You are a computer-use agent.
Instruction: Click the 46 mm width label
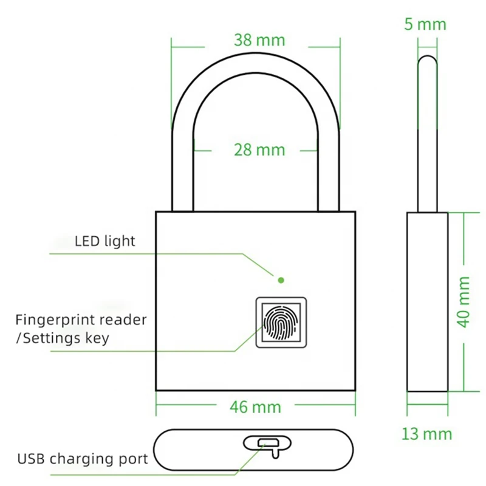pyautogui.click(x=256, y=406)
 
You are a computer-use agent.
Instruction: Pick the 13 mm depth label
pyautogui.click(x=426, y=434)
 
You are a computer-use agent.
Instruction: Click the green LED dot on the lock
pyautogui.click(x=281, y=280)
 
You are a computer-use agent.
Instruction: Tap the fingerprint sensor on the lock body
pyautogui.click(x=281, y=324)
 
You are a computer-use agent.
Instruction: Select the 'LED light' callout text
pyautogui.click(x=105, y=241)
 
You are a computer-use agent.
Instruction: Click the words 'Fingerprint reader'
pyautogui.click(x=81, y=320)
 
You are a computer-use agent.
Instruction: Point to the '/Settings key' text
pyautogui.click(x=62, y=338)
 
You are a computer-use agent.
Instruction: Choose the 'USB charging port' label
pyautogui.click(x=83, y=458)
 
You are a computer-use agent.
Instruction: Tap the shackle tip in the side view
pyautogui.click(x=428, y=61)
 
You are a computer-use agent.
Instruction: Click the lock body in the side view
pyautogui.click(x=427, y=302)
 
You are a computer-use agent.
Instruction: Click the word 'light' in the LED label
pyautogui.click(x=121, y=241)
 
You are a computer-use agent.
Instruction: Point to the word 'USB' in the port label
pyautogui.click(x=30, y=458)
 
